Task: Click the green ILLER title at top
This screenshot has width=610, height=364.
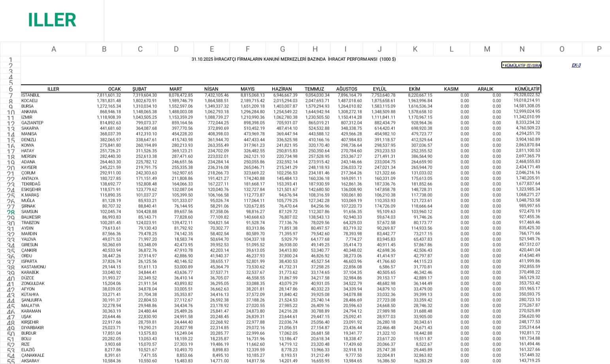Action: (x=52, y=20)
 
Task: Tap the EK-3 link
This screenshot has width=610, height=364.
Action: (x=576, y=65)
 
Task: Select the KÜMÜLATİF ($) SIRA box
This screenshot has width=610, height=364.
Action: (x=522, y=65)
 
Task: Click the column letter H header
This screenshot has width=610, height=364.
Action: (x=315, y=49)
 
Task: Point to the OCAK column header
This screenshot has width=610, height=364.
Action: (x=114, y=89)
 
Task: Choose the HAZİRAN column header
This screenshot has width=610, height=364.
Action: (x=282, y=89)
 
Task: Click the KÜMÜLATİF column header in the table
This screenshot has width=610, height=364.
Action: (x=527, y=89)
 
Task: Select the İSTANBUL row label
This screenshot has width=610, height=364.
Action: (x=30, y=95)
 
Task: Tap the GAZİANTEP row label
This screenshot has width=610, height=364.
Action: (x=32, y=123)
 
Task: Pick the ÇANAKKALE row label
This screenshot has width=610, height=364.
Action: (x=33, y=355)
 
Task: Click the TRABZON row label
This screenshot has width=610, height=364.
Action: (x=30, y=223)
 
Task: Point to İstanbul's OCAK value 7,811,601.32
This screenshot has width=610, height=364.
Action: (x=109, y=95)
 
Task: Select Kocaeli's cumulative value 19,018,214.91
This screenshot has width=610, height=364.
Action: (x=527, y=101)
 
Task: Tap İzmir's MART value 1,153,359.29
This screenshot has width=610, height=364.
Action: (x=181, y=117)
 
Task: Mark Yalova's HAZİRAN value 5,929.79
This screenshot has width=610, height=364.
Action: (x=290, y=239)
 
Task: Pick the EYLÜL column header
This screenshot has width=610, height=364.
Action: (x=380, y=89)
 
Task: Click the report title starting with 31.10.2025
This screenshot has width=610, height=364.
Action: (x=294, y=59)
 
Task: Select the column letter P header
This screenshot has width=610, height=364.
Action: (x=599, y=49)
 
